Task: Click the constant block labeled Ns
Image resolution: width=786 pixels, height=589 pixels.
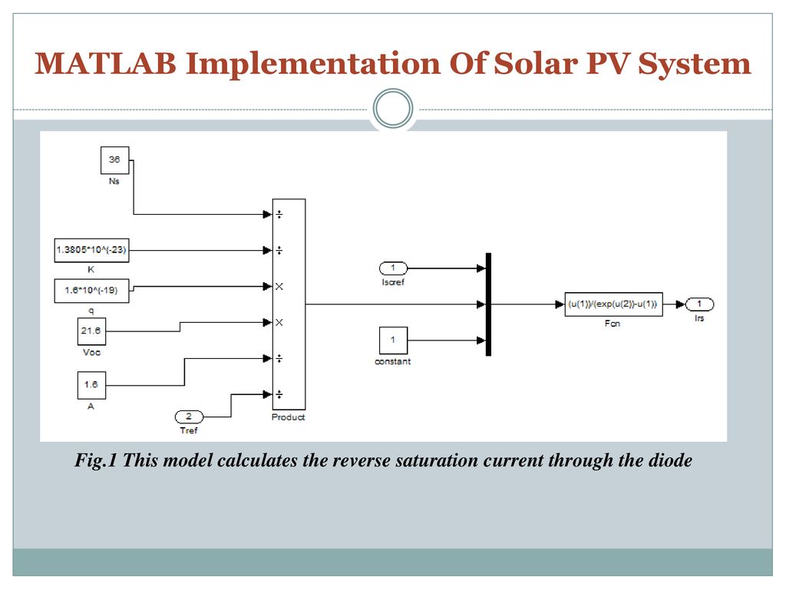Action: coord(115,160)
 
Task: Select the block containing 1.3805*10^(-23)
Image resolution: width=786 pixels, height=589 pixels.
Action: coord(91,251)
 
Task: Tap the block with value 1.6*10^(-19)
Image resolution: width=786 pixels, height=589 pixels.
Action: coord(91,291)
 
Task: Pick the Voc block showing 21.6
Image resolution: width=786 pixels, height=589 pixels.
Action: coord(92,331)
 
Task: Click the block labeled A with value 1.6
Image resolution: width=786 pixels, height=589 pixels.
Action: coord(92,386)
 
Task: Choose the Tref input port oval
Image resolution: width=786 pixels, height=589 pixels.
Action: coord(189,416)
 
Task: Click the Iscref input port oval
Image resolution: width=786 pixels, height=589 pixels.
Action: coord(394,268)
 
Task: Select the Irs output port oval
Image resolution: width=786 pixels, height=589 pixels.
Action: coord(699,304)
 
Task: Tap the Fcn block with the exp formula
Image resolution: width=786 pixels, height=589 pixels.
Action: coord(613,304)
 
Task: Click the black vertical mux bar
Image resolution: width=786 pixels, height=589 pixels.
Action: coord(488,304)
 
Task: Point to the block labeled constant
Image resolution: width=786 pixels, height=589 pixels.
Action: coord(393,341)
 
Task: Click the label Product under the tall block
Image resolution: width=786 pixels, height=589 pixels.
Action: coord(289,417)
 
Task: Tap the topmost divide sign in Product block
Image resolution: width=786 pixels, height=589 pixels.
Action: coord(279,215)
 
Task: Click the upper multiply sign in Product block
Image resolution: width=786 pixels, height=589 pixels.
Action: coord(279,287)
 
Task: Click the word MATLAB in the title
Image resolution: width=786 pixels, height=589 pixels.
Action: coord(105,64)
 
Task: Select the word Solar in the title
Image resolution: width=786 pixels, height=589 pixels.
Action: coord(535,64)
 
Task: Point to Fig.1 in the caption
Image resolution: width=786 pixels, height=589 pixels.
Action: coord(95,460)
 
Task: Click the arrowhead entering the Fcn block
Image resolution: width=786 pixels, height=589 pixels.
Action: coord(560,304)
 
